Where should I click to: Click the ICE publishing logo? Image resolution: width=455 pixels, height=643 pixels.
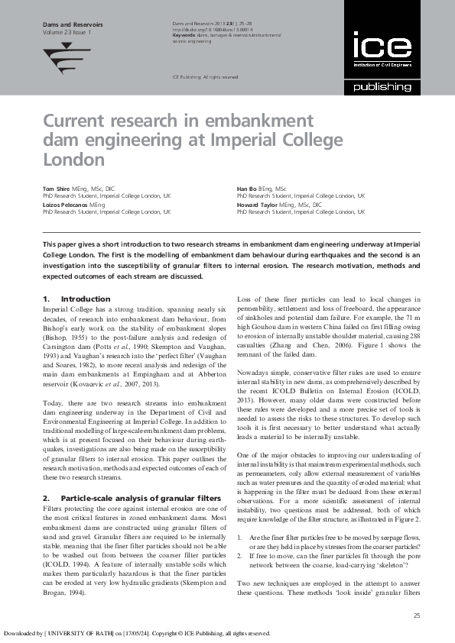(x=382, y=63)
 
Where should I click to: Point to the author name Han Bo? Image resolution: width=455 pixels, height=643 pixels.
(x=248, y=188)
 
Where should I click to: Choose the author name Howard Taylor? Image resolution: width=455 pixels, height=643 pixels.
(x=258, y=206)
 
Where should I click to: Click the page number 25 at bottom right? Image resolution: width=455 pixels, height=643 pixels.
(x=416, y=616)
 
